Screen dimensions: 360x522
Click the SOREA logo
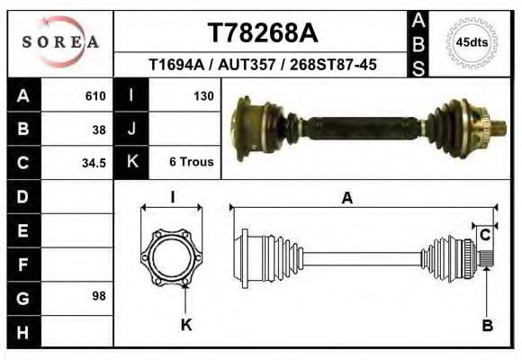point(60,41)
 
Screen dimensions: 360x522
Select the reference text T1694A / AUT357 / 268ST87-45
point(262,65)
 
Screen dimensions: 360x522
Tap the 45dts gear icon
point(472,41)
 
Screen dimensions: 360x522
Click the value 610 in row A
point(94,95)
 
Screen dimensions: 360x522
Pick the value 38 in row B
point(98,129)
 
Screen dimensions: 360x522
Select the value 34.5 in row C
point(94,163)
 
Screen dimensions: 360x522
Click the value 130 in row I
point(202,95)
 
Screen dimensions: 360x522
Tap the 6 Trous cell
point(191,163)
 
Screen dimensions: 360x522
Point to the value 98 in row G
point(98,296)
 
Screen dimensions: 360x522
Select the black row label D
point(22,196)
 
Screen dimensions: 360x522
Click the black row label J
point(131,129)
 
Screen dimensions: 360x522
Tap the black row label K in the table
point(131,163)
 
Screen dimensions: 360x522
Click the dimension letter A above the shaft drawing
point(346,199)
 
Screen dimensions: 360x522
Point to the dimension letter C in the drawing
point(484,236)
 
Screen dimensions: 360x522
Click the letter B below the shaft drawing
point(487,326)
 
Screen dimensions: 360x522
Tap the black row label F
point(22,265)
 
